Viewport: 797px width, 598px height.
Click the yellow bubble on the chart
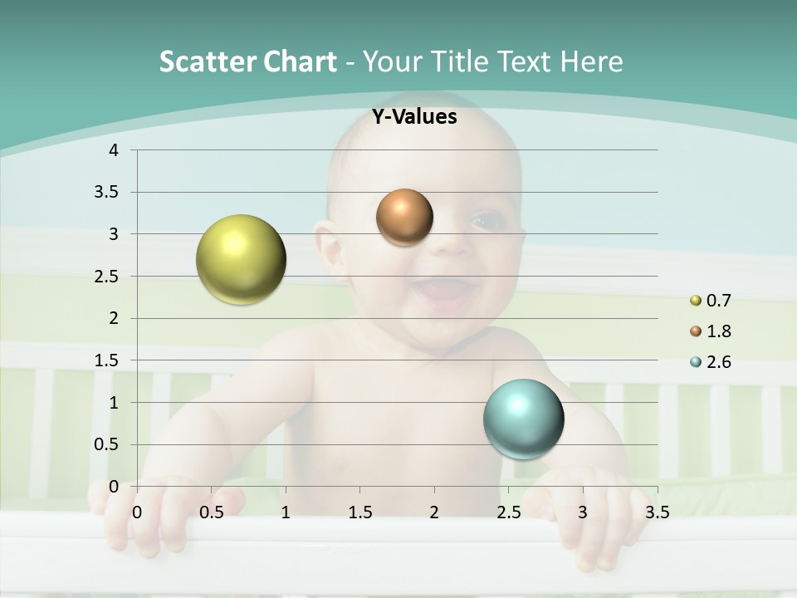pyautogui.click(x=241, y=259)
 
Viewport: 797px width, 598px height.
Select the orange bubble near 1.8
pyautogui.click(x=404, y=218)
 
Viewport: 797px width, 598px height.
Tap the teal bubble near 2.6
pyautogui.click(x=523, y=419)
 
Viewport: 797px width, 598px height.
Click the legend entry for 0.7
pyautogui.click(x=711, y=301)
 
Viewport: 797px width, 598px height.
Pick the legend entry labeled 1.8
pyautogui.click(x=711, y=331)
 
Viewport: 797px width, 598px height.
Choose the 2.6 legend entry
pyautogui.click(x=711, y=362)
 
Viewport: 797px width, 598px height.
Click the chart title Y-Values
pyautogui.click(x=414, y=117)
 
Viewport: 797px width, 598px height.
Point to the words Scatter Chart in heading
pyautogui.click(x=247, y=61)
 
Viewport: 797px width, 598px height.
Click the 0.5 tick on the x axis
pyautogui.click(x=211, y=512)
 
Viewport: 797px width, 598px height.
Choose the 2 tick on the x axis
pyautogui.click(x=433, y=512)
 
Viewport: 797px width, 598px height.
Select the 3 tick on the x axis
pyautogui.click(x=582, y=512)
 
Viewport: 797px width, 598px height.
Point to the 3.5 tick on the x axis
pyautogui.click(x=657, y=512)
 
